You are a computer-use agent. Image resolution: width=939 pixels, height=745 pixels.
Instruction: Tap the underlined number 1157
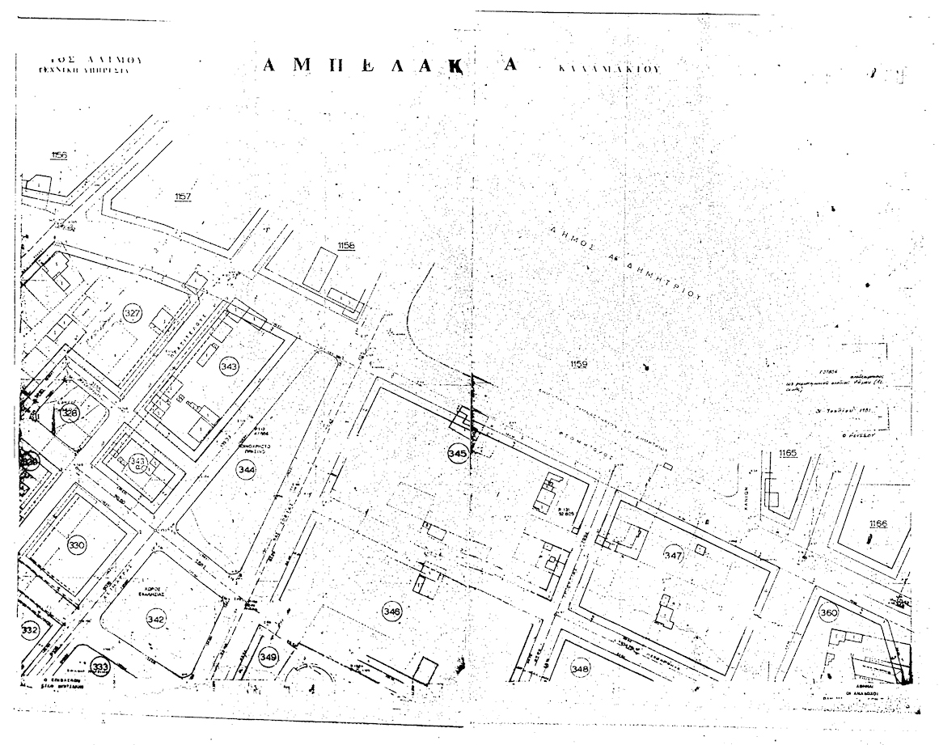pyautogui.click(x=183, y=197)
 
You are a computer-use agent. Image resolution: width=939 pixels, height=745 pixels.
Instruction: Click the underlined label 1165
pyautogui.click(x=788, y=453)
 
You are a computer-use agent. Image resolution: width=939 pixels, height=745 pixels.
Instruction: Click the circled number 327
pyautogui.click(x=132, y=313)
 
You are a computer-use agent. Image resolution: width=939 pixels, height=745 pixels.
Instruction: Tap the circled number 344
pyautogui.click(x=247, y=469)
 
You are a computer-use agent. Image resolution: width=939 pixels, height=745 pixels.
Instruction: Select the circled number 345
pyautogui.click(x=457, y=454)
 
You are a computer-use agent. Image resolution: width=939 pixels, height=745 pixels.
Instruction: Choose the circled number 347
pyautogui.click(x=674, y=556)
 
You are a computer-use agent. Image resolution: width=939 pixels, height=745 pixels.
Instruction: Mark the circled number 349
pyautogui.click(x=269, y=657)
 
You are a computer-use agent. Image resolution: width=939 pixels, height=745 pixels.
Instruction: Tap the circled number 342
pyautogui.click(x=156, y=620)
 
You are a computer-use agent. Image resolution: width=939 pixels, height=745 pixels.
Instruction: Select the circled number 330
pyautogui.click(x=77, y=544)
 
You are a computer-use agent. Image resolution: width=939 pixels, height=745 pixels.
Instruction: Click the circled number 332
pyautogui.click(x=29, y=630)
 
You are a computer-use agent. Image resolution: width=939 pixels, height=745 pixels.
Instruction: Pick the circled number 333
pyautogui.click(x=101, y=666)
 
